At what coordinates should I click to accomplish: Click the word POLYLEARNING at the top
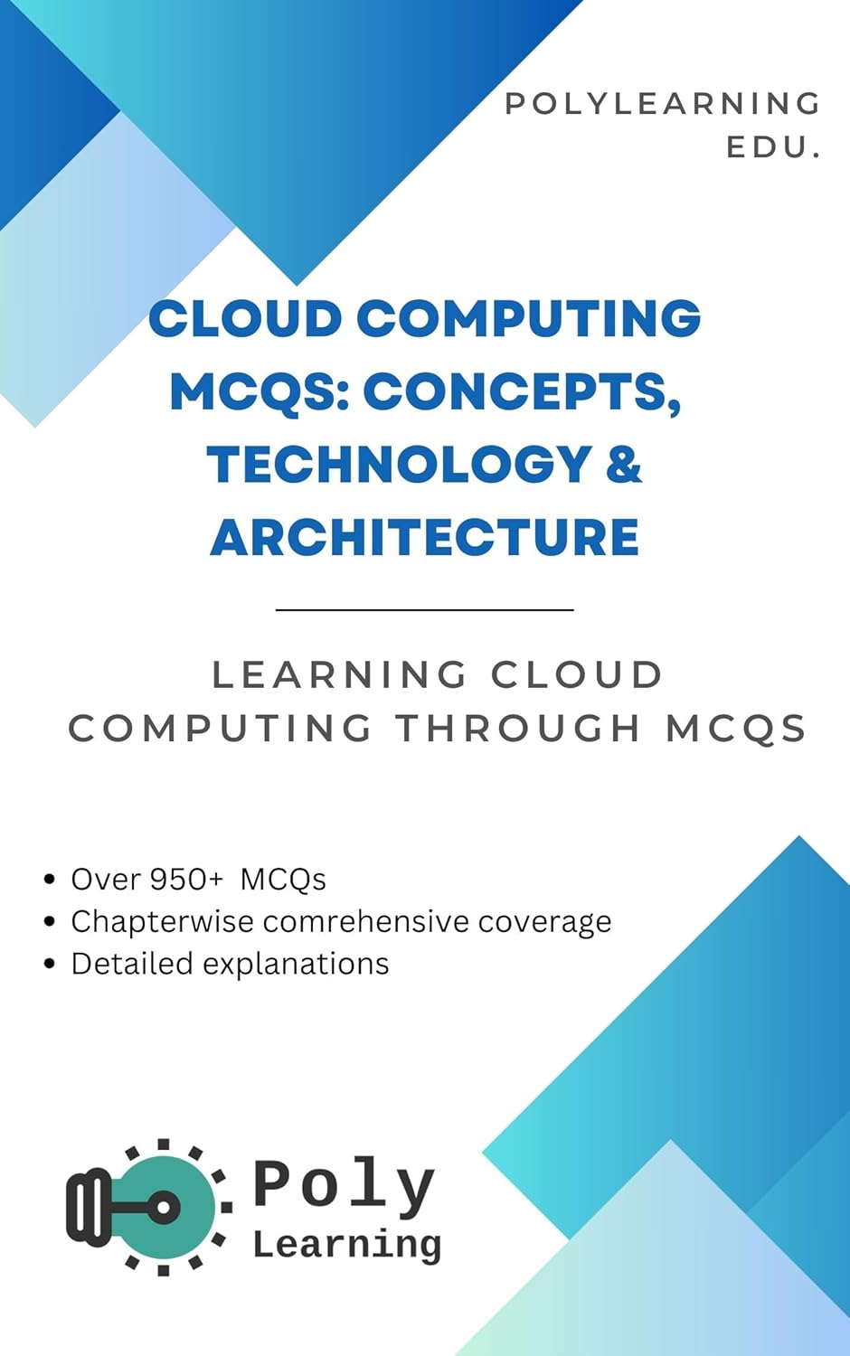tap(662, 104)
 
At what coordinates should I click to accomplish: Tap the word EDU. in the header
tap(773, 147)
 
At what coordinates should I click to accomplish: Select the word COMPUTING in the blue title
tap(528, 319)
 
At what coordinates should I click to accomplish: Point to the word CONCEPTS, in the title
tap(522, 391)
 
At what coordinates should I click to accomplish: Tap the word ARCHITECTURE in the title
tap(425, 537)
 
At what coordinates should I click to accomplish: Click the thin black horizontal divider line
tap(425, 610)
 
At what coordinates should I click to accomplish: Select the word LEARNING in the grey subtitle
tap(340, 675)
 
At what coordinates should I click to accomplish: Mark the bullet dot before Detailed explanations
tap(50, 965)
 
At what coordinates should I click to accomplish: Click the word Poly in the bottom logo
tap(344, 1184)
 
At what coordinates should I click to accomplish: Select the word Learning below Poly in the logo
tap(346, 1245)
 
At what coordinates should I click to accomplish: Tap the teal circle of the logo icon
tap(176, 1207)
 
